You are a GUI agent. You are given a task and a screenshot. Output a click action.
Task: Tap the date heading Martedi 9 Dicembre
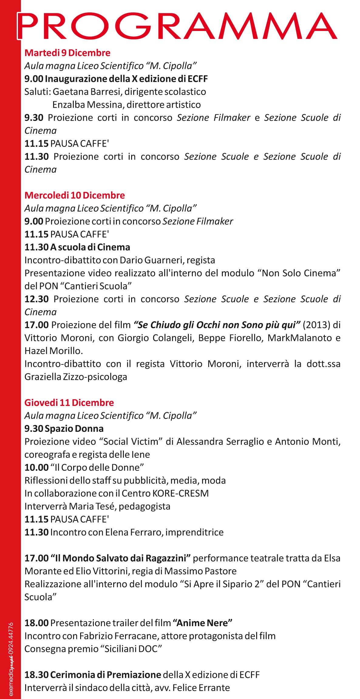coord(67,53)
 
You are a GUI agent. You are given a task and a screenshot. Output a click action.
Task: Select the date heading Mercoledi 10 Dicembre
coord(75,195)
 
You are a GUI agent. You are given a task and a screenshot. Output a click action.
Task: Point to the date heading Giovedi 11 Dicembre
coord(69,403)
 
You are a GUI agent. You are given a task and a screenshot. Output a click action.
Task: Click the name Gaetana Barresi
coord(87,92)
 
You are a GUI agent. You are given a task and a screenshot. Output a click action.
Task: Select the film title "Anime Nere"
coord(202,623)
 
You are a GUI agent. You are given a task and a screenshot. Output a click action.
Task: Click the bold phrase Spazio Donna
coord(74,429)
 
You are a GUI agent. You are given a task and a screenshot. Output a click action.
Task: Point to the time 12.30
coord(36,299)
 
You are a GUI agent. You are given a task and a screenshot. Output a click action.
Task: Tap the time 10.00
coord(36,468)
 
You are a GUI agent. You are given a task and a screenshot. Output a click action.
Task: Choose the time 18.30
coord(36,675)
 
